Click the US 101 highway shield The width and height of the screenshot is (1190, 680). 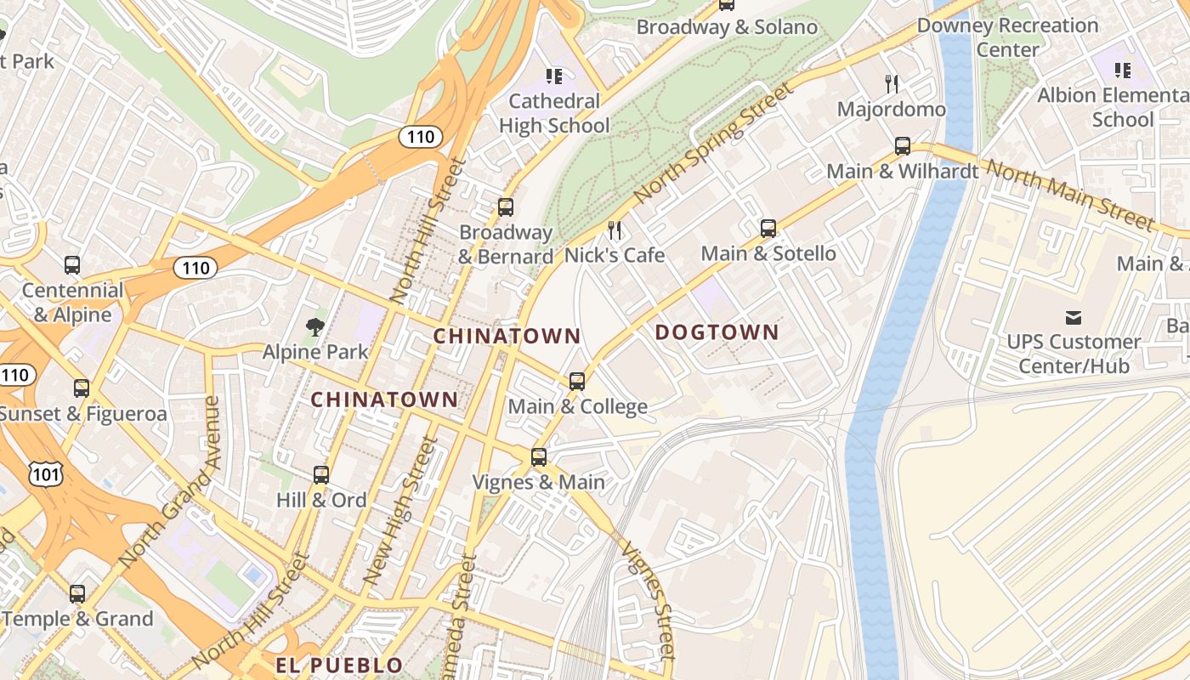click(45, 474)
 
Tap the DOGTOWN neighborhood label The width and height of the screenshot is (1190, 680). click(717, 332)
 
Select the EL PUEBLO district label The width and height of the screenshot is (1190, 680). click(339, 665)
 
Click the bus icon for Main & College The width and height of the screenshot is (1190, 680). click(577, 382)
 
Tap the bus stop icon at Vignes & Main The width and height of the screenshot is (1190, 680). click(539, 457)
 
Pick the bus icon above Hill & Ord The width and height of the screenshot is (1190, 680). click(321, 475)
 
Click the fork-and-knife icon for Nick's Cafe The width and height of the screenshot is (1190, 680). click(615, 229)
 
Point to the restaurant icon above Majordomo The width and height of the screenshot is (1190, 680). click(892, 83)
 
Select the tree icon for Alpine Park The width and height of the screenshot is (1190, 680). click(315, 326)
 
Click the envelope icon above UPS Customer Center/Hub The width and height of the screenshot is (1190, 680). click(1073, 318)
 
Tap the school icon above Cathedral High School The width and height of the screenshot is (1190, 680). click(554, 76)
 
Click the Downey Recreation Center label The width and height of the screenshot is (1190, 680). click(1007, 37)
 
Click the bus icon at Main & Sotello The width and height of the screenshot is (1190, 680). click(768, 229)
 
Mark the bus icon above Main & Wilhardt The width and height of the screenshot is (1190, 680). click(903, 146)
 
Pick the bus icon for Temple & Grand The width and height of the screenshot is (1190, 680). click(77, 594)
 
